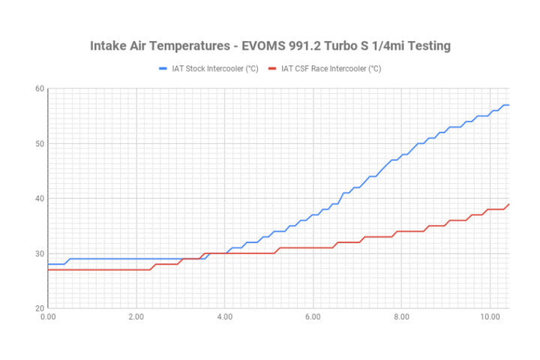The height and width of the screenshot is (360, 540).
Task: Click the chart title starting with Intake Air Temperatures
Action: [270, 46]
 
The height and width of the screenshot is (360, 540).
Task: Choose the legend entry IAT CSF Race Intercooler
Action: [331, 69]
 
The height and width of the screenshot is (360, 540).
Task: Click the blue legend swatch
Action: [164, 69]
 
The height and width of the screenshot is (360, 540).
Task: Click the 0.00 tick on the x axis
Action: [47, 316]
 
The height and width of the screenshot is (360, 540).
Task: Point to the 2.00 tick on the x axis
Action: [136, 316]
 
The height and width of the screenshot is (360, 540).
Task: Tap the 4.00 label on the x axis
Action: [224, 316]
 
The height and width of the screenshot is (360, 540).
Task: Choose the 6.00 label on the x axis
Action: [313, 316]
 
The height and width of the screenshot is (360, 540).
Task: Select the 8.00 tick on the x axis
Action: [401, 316]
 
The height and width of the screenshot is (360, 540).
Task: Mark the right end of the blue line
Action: [508, 105]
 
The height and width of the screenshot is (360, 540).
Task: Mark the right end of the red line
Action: [508, 204]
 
